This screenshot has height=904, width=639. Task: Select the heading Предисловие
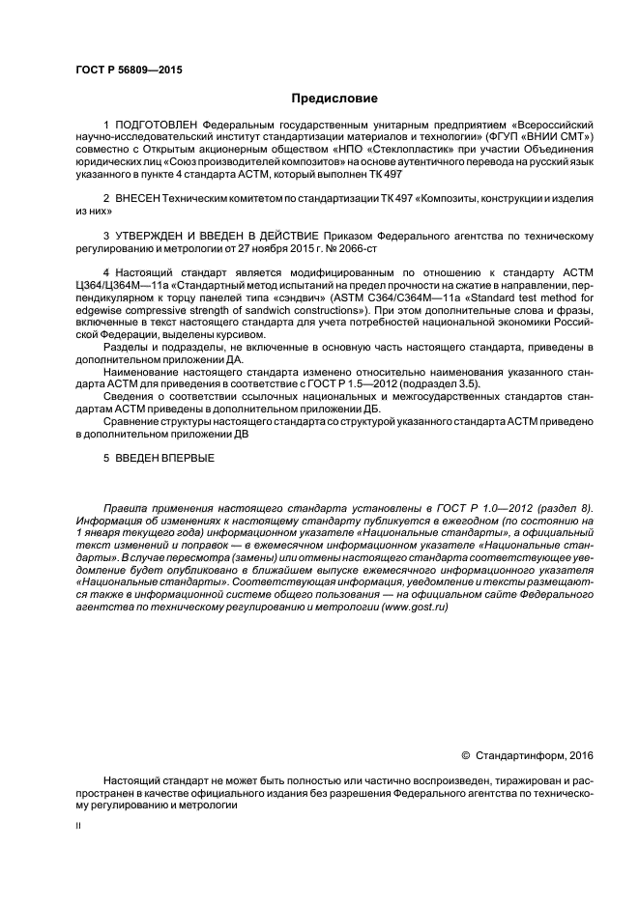pos(334,99)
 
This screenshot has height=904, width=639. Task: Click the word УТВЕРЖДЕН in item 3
pos(160,235)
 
